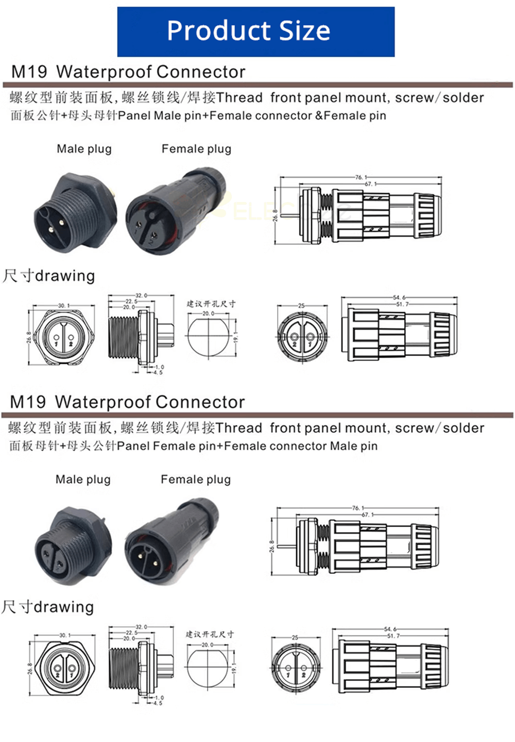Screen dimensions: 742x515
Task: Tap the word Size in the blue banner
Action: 305,31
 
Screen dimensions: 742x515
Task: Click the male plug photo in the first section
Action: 75,212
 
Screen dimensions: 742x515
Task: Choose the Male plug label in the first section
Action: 84,149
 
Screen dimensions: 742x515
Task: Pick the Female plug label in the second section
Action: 196,480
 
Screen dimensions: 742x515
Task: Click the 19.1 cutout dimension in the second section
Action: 234,668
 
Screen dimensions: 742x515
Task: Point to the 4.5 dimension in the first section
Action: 158,372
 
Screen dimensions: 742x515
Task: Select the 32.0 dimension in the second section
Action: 141,627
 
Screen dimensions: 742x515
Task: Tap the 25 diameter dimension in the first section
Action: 301,306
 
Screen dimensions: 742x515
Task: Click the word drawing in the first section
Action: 65,276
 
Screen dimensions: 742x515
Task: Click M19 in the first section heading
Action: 29,72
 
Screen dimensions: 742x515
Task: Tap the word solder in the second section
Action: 463,428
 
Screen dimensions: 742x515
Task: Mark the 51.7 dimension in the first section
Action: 402,304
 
